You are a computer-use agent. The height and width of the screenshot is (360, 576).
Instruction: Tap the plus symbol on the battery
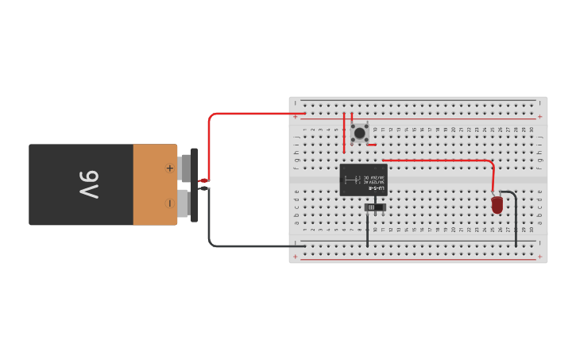coord(169,168)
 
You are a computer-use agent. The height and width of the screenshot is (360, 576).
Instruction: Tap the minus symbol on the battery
coord(169,203)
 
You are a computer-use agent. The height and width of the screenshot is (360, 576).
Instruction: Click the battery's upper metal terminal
coord(185,168)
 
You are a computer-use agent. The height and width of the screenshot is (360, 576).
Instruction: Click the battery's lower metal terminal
coord(185,203)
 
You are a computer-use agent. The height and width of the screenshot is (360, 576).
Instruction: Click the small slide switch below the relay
coord(374,207)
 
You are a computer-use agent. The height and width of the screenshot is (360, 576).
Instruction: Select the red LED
coord(497,205)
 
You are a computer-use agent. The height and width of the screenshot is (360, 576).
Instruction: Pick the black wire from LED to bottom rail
coord(515,219)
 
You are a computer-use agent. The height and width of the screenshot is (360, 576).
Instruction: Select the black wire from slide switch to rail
coord(367,230)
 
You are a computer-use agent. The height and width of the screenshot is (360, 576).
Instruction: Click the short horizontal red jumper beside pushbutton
coord(371,145)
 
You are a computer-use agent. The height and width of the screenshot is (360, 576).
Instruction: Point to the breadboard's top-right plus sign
coord(539,117)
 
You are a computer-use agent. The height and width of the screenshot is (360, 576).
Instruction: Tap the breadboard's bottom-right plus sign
coord(539,257)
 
